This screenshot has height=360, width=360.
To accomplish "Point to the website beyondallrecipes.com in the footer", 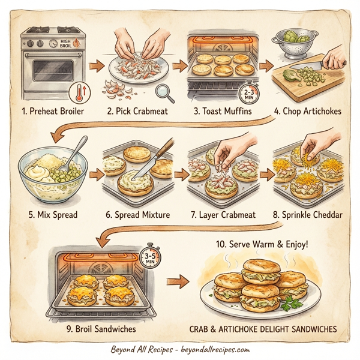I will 214,349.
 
